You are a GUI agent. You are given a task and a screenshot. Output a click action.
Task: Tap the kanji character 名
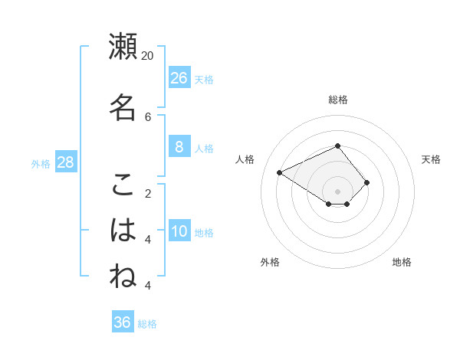(123, 106)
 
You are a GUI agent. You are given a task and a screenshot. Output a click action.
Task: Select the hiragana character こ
(123, 184)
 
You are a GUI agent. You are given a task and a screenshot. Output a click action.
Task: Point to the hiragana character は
(123, 230)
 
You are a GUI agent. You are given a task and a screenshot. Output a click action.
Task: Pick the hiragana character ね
(123, 276)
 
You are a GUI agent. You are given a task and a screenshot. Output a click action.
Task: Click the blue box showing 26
(179, 78)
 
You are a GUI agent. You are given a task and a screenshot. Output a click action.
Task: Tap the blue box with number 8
(179, 147)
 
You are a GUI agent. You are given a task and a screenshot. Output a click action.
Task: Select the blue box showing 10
(179, 231)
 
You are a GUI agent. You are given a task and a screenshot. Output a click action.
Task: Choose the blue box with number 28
(65, 162)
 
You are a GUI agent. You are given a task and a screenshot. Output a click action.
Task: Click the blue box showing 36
(123, 322)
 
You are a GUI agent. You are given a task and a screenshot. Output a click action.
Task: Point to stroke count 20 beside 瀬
(148, 56)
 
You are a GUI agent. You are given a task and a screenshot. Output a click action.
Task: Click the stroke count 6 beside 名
(148, 116)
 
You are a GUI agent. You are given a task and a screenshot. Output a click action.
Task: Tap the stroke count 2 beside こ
(148, 193)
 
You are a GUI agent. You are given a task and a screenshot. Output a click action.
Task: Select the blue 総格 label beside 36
(147, 324)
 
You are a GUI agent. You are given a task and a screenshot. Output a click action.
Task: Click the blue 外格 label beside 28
(41, 164)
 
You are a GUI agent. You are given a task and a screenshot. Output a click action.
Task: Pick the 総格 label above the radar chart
(337, 100)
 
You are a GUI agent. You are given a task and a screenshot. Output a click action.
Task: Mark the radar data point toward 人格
(280, 172)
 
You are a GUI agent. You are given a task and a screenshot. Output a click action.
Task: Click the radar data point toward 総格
(337, 146)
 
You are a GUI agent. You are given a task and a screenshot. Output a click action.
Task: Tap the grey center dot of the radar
(337, 191)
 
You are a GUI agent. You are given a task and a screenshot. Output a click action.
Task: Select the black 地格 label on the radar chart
(402, 262)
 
